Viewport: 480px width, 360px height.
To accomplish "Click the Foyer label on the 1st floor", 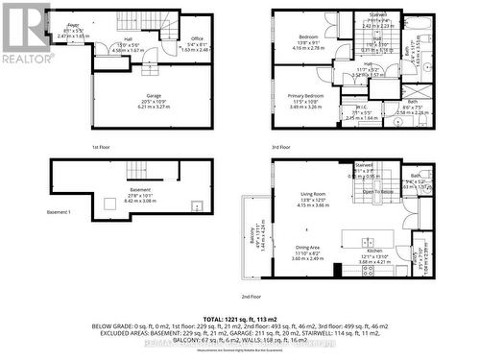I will (73, 24).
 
